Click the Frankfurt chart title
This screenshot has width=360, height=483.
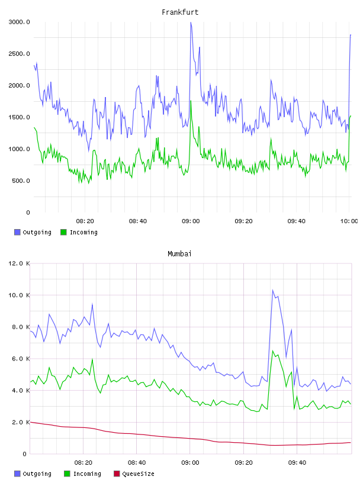click(x=180, y=12)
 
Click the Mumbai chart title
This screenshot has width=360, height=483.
click(x=179, y=254)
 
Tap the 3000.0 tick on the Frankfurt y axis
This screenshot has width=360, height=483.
click(x=19, y=22)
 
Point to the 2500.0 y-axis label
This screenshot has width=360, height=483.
click(x=19, y=54)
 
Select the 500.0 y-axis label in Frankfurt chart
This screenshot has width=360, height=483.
click(x=21, y=181)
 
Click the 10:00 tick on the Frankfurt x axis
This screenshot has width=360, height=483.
click(x=349, y=221)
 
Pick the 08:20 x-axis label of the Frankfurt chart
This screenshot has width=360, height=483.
click(x=85, y=221)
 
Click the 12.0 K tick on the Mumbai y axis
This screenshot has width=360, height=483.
click(x=19, y=263)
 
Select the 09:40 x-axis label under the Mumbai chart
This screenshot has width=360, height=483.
click(x=297, y=463)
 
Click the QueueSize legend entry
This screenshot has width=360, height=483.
click(x=134, y=474)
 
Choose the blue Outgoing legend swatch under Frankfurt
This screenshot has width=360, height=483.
click(x=17, y=232)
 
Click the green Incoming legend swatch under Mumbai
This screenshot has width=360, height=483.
click(x=67, y=474)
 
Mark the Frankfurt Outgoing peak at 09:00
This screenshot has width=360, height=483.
click(x=191, y=22)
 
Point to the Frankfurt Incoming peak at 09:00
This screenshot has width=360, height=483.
click(x=191, y=101)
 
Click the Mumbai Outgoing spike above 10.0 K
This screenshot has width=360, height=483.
click(x=272, y=290)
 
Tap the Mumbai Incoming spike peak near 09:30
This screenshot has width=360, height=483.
click(x=272, y=350)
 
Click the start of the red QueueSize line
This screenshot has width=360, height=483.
click(x=31, y=422)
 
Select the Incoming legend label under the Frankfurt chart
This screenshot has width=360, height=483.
click(x=83, y=232)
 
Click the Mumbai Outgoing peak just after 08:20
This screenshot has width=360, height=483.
click(x=92, y=304)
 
